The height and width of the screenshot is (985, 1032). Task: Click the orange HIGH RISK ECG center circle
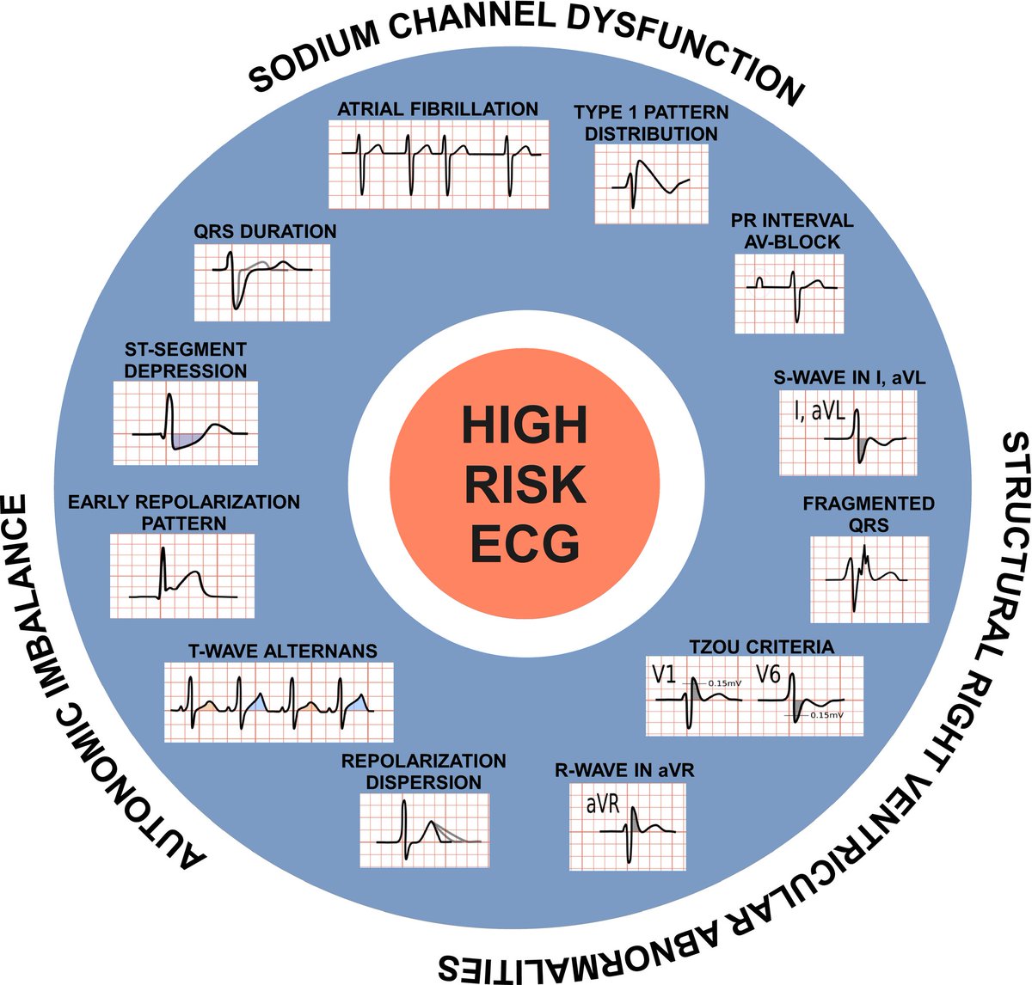(x=525, y=484)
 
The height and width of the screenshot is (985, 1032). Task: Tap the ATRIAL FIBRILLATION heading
(x=438, y=109)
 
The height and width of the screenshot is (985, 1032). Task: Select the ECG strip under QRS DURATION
(x=262, y=282)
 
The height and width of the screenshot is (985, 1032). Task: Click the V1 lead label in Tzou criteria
(x=663, y=675)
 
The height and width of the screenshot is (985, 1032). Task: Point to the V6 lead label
(x=769, y=675)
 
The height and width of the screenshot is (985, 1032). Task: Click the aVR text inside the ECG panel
(x=603, y=804)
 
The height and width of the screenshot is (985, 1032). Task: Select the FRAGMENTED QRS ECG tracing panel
(x=869, y=579)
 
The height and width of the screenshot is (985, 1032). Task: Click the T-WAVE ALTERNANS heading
(x=283, y=651)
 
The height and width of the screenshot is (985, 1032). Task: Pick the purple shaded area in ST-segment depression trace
(x=186, y=439)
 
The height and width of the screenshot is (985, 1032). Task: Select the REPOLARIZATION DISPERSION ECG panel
(x=424, y=830)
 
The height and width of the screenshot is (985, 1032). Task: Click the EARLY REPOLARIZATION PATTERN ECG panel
(x=182, y=576)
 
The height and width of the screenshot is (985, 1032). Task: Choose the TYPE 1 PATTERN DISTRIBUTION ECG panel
(x=651, y=184)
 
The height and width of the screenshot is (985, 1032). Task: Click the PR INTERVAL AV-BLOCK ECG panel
(x=789, y=294)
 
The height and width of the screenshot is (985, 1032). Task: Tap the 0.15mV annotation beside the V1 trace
(x=725, y=683)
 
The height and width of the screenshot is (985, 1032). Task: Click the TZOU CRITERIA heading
(x=762, y=646)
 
